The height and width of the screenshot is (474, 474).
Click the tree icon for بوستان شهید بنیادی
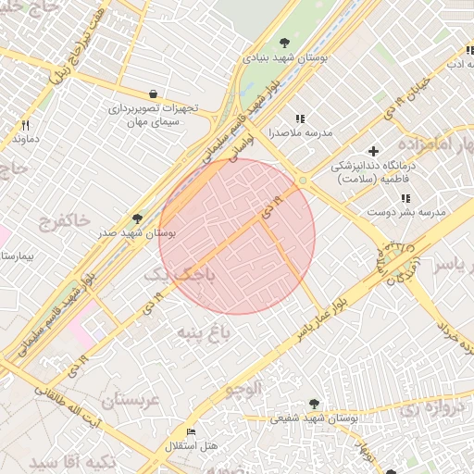[x=284, y=43]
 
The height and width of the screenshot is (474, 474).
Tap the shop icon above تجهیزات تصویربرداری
[x=153, y=94]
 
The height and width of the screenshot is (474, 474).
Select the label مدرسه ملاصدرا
[x=269, y=133]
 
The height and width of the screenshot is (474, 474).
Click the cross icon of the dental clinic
[x=373, y=151]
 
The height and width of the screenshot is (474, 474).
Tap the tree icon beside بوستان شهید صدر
[x=138, y=218]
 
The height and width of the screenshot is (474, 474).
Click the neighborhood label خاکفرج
[x=65, y=221]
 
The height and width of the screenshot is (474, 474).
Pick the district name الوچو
[x=245, y=389]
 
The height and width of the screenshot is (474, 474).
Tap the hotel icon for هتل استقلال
[x=192, y=432]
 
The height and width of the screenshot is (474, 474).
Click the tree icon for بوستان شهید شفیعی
[x=315, y=404]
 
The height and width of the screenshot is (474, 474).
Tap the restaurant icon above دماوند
[x=27, y=124]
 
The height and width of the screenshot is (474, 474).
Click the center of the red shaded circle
[x=237, y=236]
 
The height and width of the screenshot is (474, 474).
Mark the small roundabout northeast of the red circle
[x=302, y=181]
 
